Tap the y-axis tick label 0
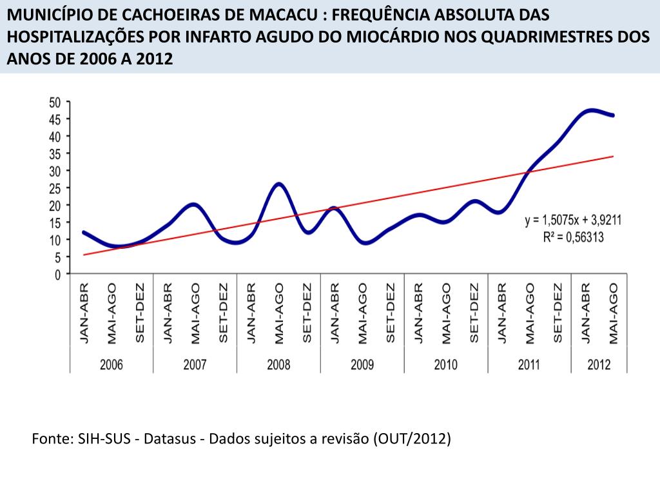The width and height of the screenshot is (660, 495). click(x=57, y=274)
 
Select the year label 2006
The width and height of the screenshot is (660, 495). click(x=111, y=365)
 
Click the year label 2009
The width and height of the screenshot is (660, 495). click(x=362, y=365)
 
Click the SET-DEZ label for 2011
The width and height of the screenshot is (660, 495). click(x=558, y=313)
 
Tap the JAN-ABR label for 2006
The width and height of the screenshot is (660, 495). click(x=84, y=313)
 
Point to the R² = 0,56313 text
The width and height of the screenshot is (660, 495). click(x=573, y=237)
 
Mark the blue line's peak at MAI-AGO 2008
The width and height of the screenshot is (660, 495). click(x=278, y=184)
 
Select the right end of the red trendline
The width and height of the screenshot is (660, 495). click(x=613, y=156)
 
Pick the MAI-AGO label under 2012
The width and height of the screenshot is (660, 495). click(x=614, y=313)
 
